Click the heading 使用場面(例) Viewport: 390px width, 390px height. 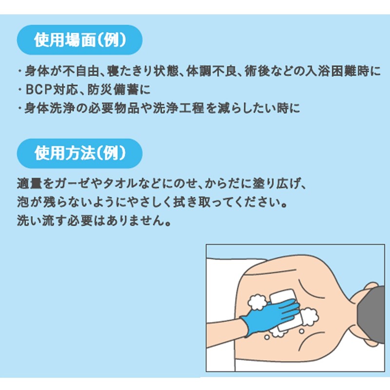(x=80, y=40)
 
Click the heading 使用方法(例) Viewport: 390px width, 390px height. (x=80, y=153)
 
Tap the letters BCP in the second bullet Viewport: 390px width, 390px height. (x=39, y=90)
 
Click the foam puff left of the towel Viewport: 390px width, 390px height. (x=257, y=302)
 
